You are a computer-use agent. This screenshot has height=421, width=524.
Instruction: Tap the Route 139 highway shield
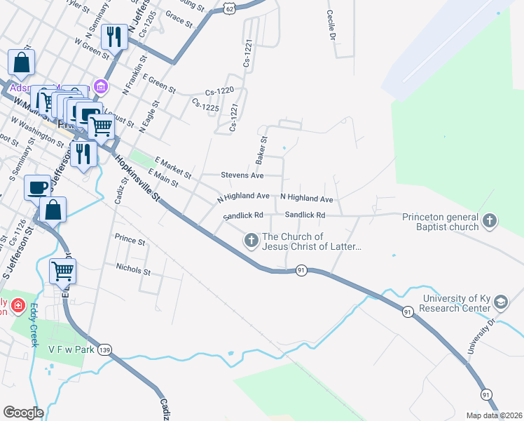point(104,349)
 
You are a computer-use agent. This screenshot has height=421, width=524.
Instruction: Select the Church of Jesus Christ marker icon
point(251,241)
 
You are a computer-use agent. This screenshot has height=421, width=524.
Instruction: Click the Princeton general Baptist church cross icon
point(490,222)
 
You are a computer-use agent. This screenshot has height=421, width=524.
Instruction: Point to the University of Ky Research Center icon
point(501,302)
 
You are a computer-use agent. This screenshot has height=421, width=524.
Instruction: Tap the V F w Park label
point(70,349)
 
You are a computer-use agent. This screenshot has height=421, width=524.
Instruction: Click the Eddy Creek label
point(33,325)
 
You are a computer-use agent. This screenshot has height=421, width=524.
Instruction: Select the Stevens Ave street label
point(242,175)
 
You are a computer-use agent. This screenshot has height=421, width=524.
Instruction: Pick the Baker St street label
point(262,151)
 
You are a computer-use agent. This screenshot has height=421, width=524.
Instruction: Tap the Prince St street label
point(130,241)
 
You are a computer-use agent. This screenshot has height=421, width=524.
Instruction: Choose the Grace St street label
point(179,19)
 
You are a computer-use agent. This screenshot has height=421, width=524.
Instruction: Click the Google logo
point(23,413)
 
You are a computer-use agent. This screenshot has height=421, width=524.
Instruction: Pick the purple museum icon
point(102,87)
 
